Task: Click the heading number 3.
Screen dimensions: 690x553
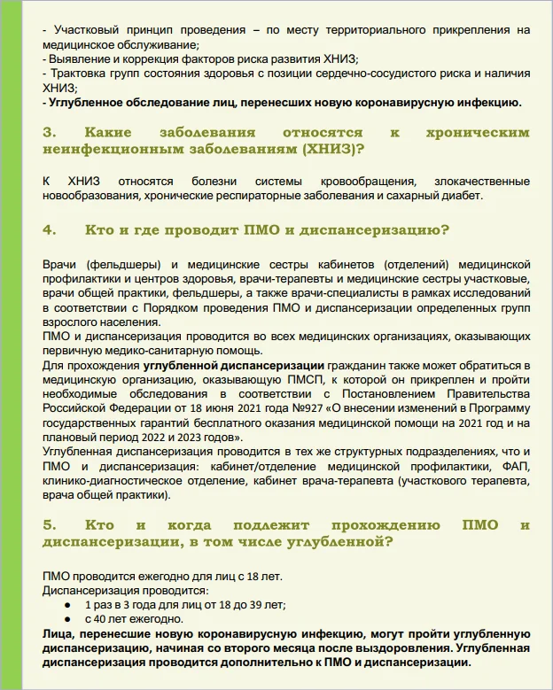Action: coord(49,133)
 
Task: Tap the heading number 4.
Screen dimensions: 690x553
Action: coord(49,230)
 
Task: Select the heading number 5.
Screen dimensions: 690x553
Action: coord(49,525)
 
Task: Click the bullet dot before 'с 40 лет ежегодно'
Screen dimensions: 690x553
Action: coord(66,619)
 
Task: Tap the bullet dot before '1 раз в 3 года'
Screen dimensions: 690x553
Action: coord(66,605)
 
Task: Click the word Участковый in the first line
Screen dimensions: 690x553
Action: coord(83,30)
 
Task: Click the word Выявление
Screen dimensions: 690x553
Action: coord(77,59)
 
